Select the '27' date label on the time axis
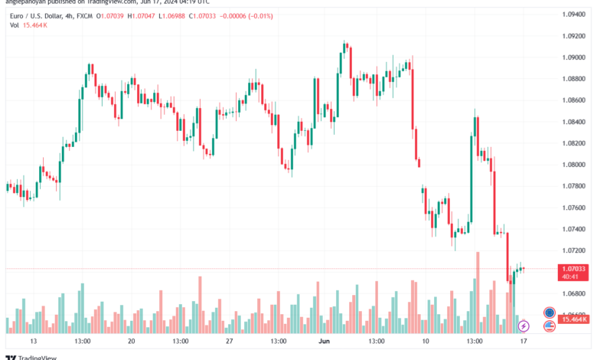pos(229,340)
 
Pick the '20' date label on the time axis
pos(131,340)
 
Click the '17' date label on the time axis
pos(523,340)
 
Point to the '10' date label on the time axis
pos(426,340)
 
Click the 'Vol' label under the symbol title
pos(15,25)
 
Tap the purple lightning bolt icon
pos(524,327)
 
